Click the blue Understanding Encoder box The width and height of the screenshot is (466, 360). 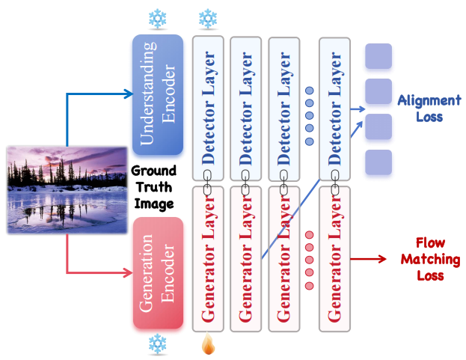click(157, 94)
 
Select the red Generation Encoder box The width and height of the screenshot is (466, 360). click(157, 272)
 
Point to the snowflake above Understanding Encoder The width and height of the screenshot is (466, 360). click(157, 18)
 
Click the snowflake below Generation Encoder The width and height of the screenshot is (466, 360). click(157, 344)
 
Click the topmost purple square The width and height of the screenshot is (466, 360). click(378, 57)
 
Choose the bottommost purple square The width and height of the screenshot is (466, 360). click(378, 162)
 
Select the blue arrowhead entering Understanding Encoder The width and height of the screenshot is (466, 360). click(127, 94)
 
